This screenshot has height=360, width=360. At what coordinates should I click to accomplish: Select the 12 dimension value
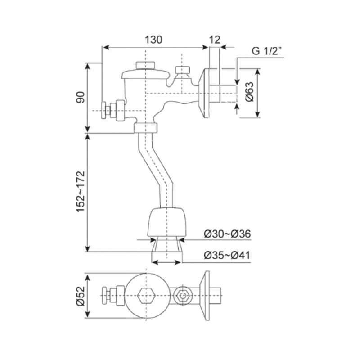pyautogui.click(x=215, y=40)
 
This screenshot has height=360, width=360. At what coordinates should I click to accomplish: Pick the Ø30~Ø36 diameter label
pyautogui.click(x=227, y=234)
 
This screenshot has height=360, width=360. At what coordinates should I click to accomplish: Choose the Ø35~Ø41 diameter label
pyautogui.click(x=227, y=255)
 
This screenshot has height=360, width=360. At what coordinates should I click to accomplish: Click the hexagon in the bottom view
pyautogui.click(x=147, y=296)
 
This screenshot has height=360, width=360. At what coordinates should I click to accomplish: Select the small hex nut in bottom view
pyautogui.click(x=183, y=296)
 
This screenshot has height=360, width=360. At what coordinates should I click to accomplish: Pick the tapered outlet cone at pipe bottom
pyautogui.click(x=167, y=245)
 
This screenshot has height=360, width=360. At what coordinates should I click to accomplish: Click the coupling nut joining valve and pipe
pyautogui.click(x=147, y=129)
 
